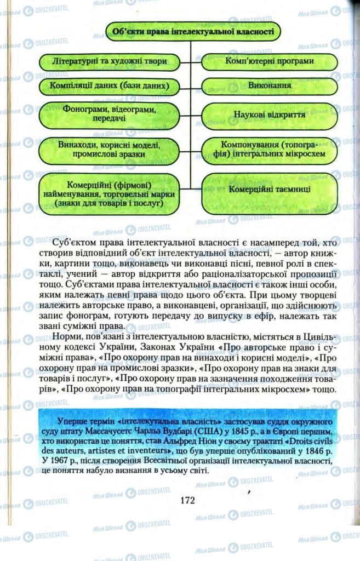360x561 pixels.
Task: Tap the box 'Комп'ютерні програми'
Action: pyautogui.click(x=270, y=61)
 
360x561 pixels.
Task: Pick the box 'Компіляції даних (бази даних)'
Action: pyautogui.click(x=109, y=87)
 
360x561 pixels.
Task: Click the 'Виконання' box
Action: pyautogui.click(x=270, y=87)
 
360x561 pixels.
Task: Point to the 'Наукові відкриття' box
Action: pyautogui.click(x=270, y=115)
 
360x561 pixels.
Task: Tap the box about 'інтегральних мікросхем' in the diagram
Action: pyautogui.click(x=270, y=150)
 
